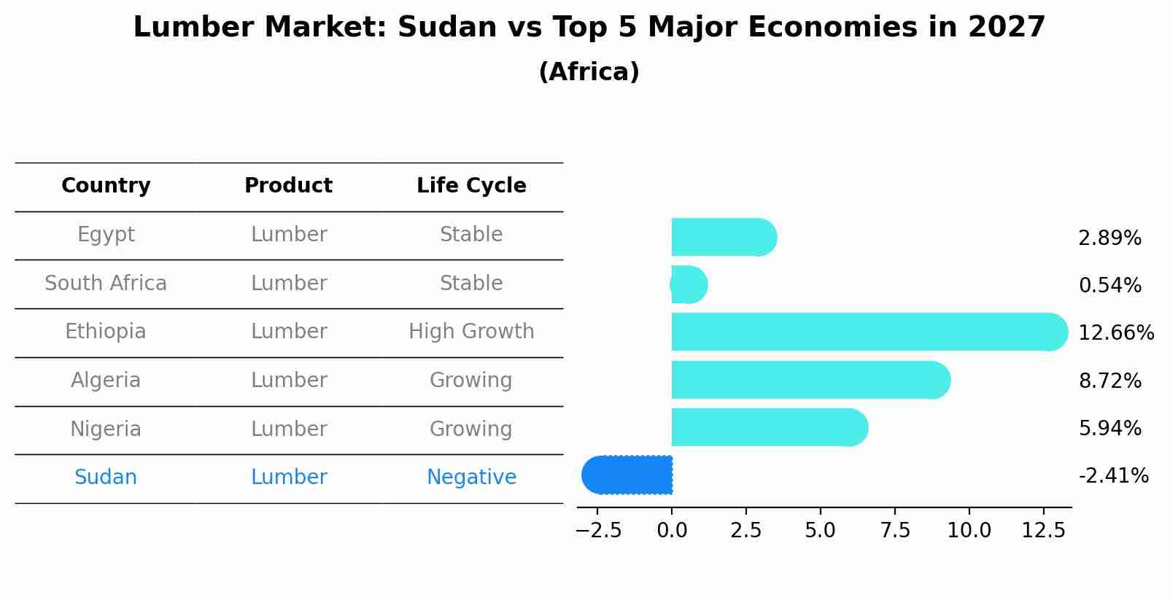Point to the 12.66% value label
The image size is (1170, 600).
click(x=1115, y=333)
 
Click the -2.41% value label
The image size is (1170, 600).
click(x=1113, y=476)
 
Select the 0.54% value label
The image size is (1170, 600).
click(x=1109, y=286)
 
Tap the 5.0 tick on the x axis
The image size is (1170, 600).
click(x=820, y=531)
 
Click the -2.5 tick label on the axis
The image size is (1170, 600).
click(x=598, y=531)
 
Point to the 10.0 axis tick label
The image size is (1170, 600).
click(x=969, y=531)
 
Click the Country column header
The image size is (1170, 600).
click(x=106, y=186)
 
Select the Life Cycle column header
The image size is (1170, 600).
click(x=471, y=186)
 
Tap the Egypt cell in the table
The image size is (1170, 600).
click(x=106, y=235)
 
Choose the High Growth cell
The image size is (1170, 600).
click(x=471, y=332)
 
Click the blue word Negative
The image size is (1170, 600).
click(x=471, y=478)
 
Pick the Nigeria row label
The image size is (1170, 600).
click(x=106, y=429)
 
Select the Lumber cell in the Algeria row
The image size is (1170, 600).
click(x=289, y=381)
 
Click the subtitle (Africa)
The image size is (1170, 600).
click(x=589, y=72)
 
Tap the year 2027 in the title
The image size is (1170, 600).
click(x=1007, y=28)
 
